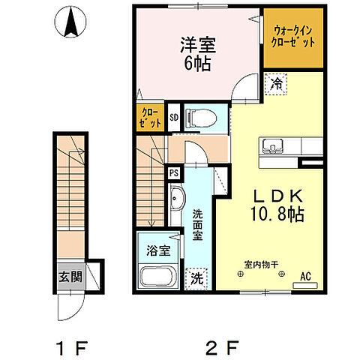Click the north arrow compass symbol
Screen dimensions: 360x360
(x=73, y=22)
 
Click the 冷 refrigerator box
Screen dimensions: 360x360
(x=276, y=84)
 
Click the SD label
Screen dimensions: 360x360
(x=173, y=117)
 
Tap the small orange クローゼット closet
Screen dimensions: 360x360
(x=148, y=118)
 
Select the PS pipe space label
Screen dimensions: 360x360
(x=173, y=172)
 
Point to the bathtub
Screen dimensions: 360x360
(x=157, y=278)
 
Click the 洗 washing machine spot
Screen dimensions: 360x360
(x=196, y=277)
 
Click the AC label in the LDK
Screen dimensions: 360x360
(x=305, y=276)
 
